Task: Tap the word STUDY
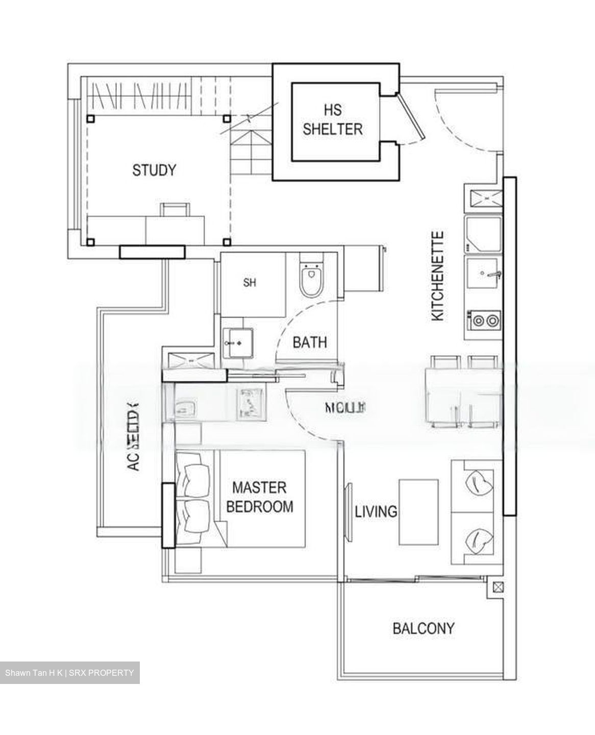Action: point(154,170)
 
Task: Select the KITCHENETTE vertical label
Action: point(438,277)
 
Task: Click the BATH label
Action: point(309,342)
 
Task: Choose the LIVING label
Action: point(376,511)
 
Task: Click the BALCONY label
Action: point(423,628)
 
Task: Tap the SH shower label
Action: point(250,282)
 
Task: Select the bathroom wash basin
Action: point(238,343)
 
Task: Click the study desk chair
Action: point(175,209)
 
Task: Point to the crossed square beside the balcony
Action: point(495,587)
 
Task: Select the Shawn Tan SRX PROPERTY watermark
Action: point(69,673)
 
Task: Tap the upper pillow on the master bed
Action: point(196,480)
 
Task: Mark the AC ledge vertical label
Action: point(132,437)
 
